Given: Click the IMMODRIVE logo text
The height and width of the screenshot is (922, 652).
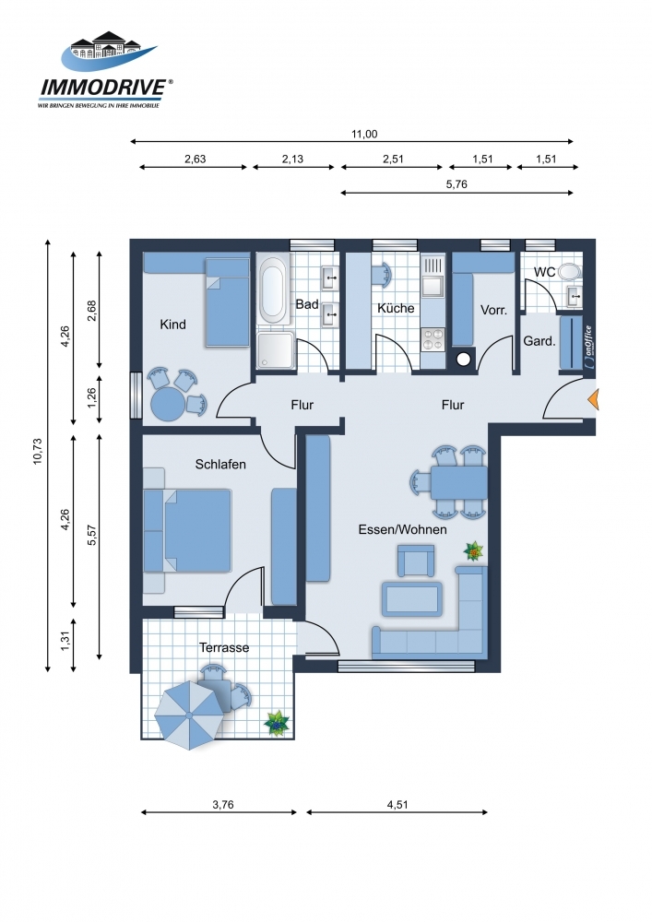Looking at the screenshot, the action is click(103, 88).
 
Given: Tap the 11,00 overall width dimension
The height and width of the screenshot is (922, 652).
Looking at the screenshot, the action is click(364, 134).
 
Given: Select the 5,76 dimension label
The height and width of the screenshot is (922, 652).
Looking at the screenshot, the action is click(456, 184).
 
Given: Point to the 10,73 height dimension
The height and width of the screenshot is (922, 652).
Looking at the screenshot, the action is click(38, 451).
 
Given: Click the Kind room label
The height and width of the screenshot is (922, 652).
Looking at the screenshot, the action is click(172, 324).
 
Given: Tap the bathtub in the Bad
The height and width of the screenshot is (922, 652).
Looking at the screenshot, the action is click(273, 287).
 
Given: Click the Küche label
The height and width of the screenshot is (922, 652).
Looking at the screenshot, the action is click(396, 308).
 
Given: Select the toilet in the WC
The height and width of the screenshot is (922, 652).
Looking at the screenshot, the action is click(568, 271).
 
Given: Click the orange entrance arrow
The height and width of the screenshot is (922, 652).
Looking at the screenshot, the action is click(593, 399).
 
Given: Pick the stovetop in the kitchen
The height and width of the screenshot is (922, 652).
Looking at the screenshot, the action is click(433, 339).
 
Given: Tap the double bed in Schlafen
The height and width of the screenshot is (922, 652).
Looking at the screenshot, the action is click(197, 531).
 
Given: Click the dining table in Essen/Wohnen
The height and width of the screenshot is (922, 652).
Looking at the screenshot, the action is click(458, 482).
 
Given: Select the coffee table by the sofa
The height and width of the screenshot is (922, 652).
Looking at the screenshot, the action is click(412, 599).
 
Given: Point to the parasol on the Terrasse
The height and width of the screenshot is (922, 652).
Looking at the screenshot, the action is click(189, 715).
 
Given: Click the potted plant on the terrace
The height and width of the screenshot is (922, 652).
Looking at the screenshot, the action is click(277, 723).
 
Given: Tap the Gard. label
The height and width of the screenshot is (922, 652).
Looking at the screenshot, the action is click(539, 341).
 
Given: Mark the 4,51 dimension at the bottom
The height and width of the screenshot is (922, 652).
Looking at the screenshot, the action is click(397, 804).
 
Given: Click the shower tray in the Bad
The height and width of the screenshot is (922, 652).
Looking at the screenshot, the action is click(276, 350).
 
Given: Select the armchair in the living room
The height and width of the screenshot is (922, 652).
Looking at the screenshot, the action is click(416, 561).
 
